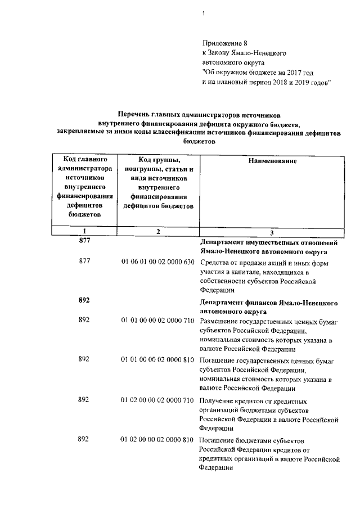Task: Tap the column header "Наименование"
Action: pos(272,161)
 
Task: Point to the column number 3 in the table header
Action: pos(272,232)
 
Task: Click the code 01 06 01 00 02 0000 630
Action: pos(157,262)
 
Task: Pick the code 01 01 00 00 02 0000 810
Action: pos(157,359)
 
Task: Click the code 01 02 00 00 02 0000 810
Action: pos(157,439)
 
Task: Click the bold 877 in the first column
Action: pos(84,241)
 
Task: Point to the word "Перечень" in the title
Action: pos(134,114)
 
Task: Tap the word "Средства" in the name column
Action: pos(214,263)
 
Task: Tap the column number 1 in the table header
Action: pos(84,232)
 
